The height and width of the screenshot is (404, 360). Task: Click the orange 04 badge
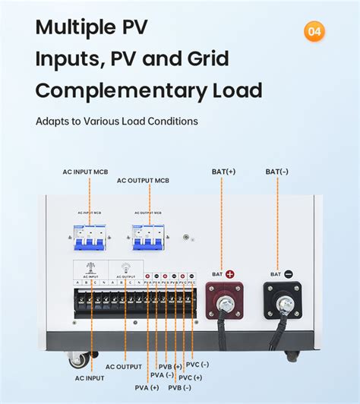coord(314,31)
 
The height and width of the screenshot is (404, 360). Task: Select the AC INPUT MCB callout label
coord(85,172)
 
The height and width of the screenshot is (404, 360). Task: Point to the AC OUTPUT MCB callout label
coord(143,180)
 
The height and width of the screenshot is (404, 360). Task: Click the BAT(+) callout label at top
coord(223,172)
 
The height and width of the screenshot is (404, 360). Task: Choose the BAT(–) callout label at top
coord(277,172)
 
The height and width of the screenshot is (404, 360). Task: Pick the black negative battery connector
coord(283,300)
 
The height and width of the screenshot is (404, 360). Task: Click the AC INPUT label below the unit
coord(89,377)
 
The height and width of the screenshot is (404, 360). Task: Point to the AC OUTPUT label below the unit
coord(124,367)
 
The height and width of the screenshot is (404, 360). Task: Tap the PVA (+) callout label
coord(144,388)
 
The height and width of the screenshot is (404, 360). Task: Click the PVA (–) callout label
coord(162,374)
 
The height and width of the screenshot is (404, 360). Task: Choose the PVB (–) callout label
coord(177,388)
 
